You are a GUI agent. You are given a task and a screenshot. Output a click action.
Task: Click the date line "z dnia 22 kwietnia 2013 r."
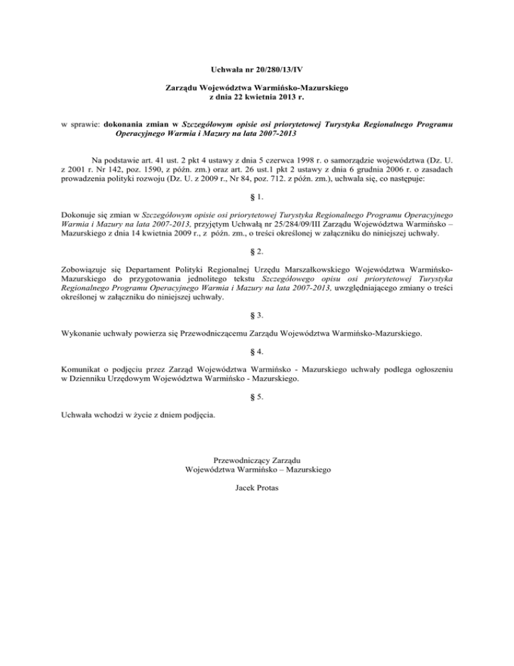click(x=257, y=97)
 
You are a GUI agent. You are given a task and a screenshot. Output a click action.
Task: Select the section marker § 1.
click(x=256, y=198)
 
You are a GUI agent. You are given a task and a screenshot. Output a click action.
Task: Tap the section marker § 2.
click(x=256, y=251)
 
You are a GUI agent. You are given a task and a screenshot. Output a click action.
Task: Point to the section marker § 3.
click(x=256, y=314)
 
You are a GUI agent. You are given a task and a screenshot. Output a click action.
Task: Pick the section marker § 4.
click(x=256, y=350)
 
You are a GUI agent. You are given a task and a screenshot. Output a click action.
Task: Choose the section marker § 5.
click(x=256, y=396)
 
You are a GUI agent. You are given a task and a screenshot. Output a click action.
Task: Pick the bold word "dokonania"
click(x=127, y=124)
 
